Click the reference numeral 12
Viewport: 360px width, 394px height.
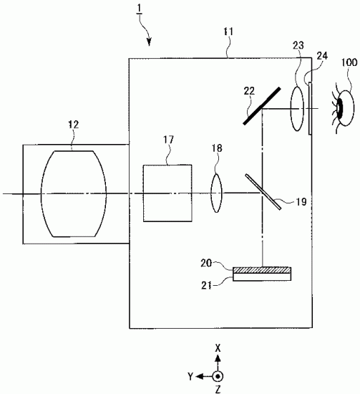coord(73,126)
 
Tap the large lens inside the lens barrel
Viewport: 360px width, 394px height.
coord(74,192)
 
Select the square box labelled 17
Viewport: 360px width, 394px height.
coord(167,193)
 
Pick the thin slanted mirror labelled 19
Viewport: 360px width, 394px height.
coord(261,192)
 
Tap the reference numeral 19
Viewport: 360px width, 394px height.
coord(300,203)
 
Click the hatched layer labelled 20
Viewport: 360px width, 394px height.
coord(263,270)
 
